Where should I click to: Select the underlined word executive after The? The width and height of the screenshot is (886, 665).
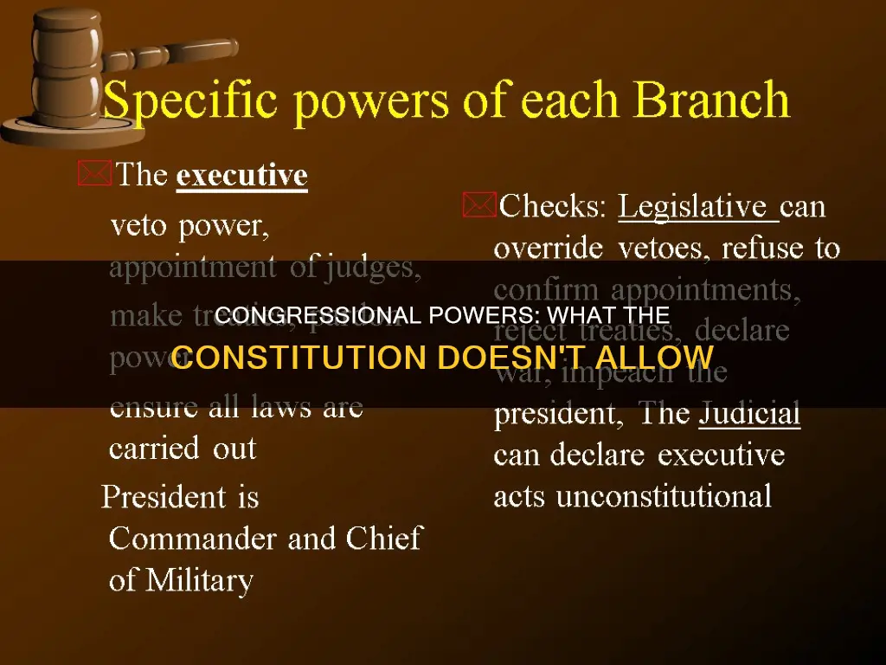[241, 176]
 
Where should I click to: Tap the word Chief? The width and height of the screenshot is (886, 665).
[384, 539]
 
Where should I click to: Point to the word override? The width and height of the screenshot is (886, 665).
[547, 249]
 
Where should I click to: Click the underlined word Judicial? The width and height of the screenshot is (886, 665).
[749, 414]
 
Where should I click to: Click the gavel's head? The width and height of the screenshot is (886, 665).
[67, 48]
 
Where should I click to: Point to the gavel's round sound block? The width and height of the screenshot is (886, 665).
[52, 130]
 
